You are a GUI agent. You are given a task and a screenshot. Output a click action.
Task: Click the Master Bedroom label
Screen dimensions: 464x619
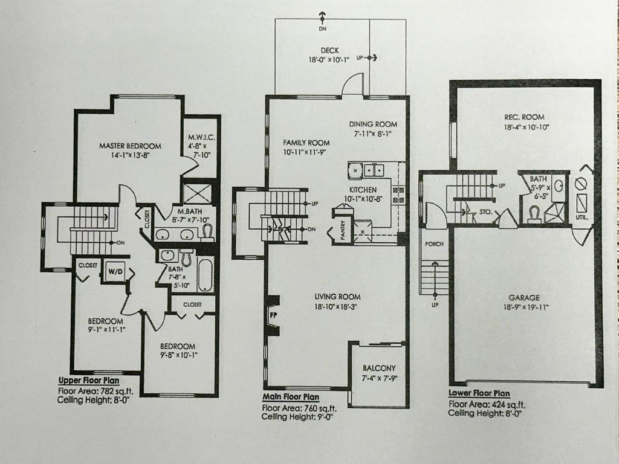(x=130, y=146)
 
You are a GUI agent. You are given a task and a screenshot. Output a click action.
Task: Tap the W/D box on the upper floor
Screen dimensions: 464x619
(x=114, y=271)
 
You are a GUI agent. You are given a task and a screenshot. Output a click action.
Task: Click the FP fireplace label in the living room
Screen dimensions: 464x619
(x=273, y=314)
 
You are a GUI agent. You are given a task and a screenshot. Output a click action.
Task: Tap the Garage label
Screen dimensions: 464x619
(x=523, y=297)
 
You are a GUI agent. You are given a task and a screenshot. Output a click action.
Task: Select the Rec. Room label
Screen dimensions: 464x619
(x=525, y=117)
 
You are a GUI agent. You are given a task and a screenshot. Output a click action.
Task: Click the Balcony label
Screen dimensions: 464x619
(x=379, y=368)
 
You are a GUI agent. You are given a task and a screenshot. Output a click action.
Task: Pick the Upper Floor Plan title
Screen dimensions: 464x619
(x=88, y=381)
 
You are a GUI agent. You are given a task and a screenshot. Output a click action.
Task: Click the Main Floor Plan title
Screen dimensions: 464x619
(x=291, y=397)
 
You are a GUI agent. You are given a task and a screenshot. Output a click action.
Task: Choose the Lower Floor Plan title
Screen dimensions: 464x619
(x=479, y=393)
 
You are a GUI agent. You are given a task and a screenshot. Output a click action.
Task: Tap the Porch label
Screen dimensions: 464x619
(x=434, y=244)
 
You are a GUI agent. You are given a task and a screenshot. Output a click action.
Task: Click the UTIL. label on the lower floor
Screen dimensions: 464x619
(x=584, y=216)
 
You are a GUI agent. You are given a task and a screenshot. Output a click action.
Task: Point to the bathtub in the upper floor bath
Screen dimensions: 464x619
(x=205, y=274)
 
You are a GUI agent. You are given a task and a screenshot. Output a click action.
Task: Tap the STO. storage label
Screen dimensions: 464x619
(x=485, y=212)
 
